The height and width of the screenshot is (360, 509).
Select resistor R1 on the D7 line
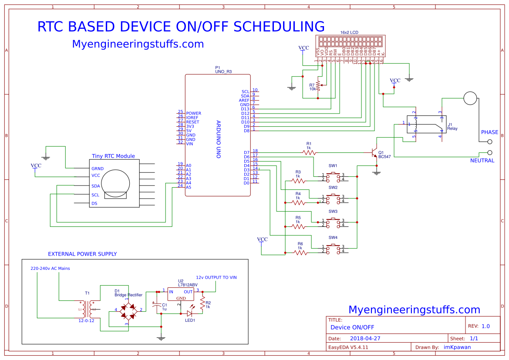pos(309,153)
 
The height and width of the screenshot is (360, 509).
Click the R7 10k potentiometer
pos(318,85)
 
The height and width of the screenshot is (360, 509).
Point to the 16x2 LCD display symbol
pos(350,42)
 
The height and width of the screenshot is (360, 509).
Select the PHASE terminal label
pos(489,132)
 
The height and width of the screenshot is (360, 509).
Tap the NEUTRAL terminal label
pos(482,161)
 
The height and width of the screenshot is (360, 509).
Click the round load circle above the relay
pos(470,98)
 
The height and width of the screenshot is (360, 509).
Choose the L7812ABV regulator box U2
pos(180,294)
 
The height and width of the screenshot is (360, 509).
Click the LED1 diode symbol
pos(190,313)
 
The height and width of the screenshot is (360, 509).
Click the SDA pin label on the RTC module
pos(95,186)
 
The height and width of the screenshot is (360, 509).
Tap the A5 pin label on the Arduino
pos(188,187)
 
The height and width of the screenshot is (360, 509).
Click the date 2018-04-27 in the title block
pos(364,338)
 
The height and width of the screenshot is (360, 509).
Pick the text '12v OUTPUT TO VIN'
pos(216,277)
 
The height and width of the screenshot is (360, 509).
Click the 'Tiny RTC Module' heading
pos(113,156)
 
